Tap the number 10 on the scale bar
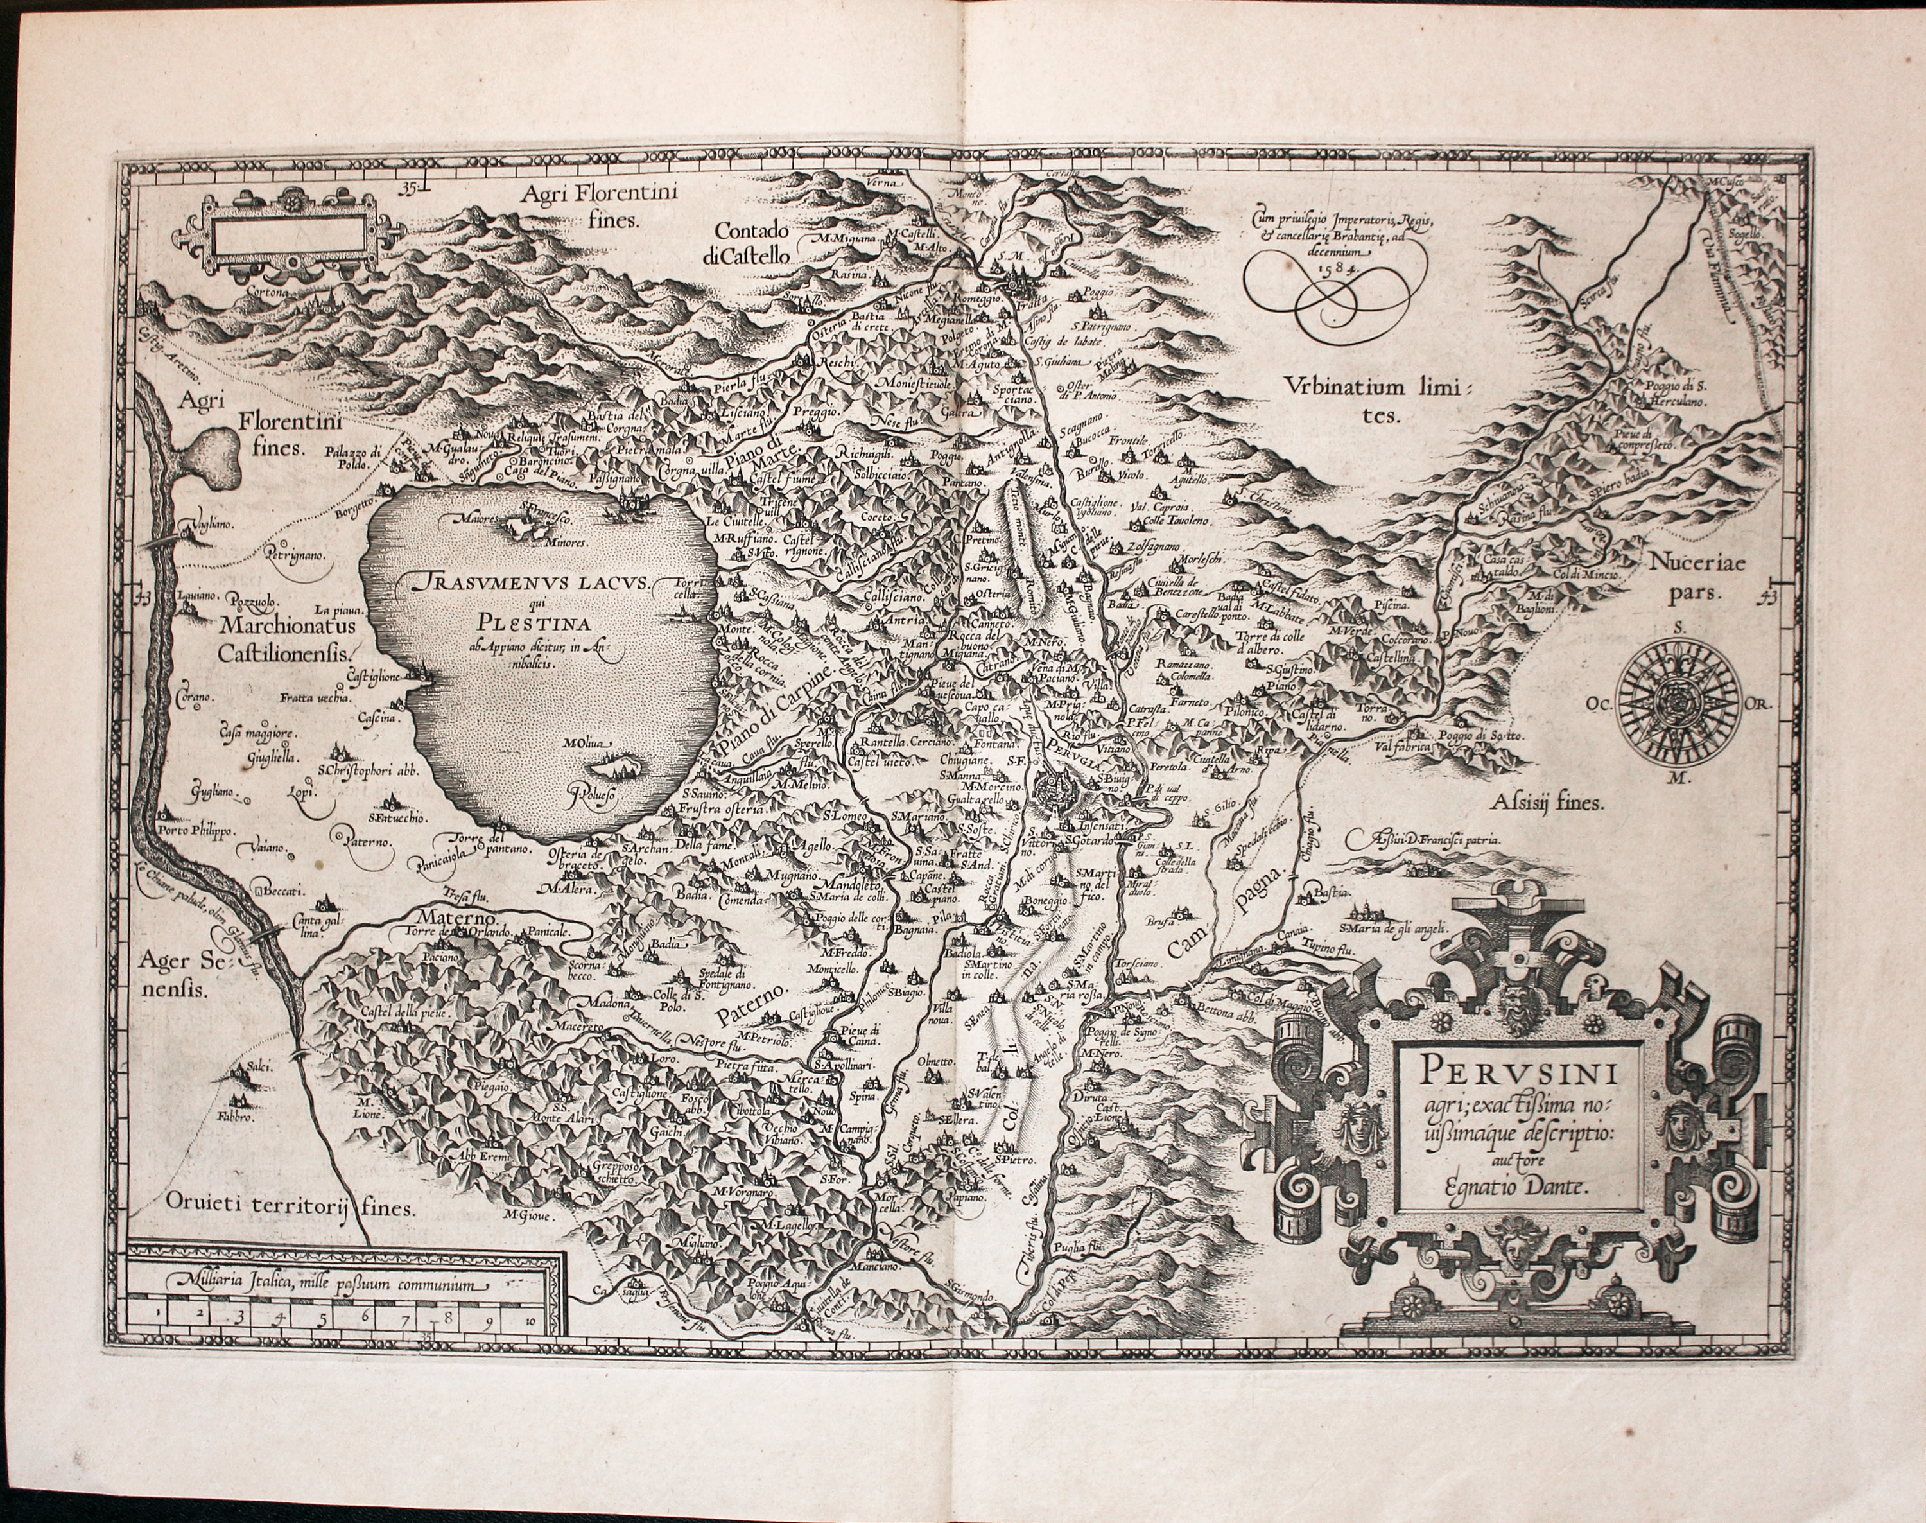tap(532, 1323)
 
